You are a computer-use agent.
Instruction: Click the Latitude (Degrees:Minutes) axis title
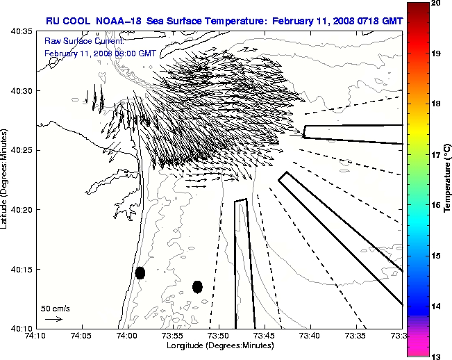pyautogui.click(x=6, y=179)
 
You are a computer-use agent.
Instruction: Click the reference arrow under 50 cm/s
pyautogui.click(x=53, y=319)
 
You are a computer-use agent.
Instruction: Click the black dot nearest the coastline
pyautogui.click(x=140, y=272)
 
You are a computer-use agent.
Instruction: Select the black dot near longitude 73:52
pyautogui.click(x=197, y=286)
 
